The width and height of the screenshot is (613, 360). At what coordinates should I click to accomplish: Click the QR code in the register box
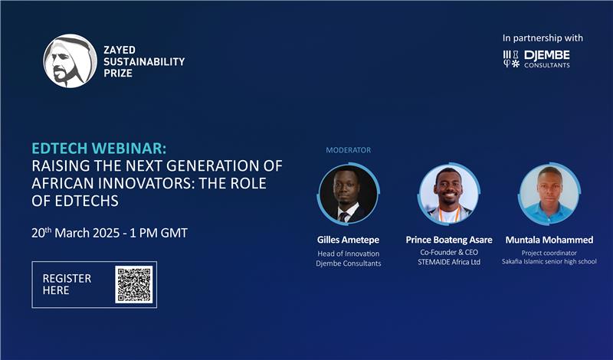tap(133, 284)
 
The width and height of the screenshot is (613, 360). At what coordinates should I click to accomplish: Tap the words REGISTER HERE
tap(67, 284)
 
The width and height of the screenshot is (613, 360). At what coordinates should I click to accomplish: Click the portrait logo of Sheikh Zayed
tap(70, 61)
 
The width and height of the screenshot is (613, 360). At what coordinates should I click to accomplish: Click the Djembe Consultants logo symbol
tap(511, 59)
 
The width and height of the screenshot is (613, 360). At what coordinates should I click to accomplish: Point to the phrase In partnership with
tap(543, 38)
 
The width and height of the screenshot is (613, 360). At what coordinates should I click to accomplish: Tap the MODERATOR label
tap(348, 150)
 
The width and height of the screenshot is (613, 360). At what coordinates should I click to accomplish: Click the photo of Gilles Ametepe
tap(348, 194)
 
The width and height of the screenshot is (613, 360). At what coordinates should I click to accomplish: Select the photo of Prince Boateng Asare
tap(448, 194)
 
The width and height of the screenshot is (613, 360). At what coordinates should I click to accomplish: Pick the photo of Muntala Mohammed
tap(549, 194)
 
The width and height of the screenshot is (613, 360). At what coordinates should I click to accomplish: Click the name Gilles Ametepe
tap(348, 240)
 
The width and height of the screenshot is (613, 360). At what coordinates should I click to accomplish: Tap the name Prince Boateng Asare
tap(448, 240)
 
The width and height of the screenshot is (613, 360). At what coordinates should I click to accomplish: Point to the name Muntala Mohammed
tap(549, 240)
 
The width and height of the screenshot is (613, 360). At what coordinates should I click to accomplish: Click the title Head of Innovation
tap(348, 253)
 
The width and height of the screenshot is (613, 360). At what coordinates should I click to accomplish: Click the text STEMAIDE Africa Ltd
tap(448, 263)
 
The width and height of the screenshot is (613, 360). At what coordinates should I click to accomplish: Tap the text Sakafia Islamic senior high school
tap(549, 261)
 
